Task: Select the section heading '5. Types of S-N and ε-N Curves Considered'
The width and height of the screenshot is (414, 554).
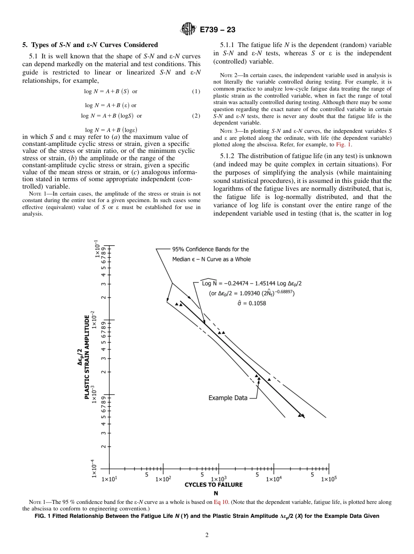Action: tap(90, 45)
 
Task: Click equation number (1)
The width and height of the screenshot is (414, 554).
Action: tap(196, 91)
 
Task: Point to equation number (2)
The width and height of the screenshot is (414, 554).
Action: tap(196, 116)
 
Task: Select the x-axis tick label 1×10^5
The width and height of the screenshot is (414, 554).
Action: tap(329, 479)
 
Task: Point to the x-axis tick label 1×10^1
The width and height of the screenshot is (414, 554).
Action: tap(109, 479)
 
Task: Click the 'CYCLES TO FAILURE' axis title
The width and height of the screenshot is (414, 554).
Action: tap(214, 485)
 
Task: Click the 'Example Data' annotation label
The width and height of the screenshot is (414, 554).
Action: tap(227, 398)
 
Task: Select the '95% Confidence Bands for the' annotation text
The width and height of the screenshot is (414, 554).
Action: tap(210, 249)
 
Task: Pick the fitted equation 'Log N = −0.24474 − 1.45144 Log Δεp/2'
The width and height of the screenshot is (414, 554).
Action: tap(252, 283)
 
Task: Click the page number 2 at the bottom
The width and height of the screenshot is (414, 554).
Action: tap(207, 535)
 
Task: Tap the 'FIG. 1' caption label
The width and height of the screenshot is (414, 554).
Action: tap(44, 516)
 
